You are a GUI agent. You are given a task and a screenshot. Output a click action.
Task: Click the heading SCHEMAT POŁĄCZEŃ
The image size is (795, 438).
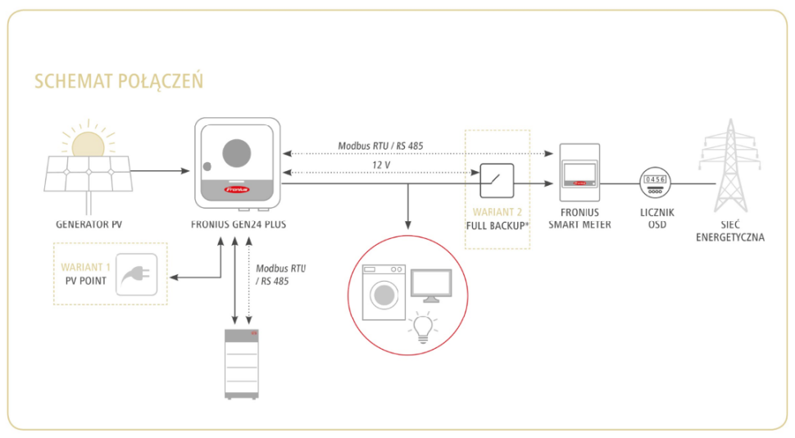pos(119,81)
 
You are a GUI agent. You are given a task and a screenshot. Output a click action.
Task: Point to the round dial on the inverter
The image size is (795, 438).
pos(238,153)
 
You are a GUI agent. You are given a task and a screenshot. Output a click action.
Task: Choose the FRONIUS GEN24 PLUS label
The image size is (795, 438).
pos(238,224)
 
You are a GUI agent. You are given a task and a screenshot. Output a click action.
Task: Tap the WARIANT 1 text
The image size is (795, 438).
pos(84,267)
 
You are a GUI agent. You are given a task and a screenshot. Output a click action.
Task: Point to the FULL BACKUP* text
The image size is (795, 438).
pos(497,224)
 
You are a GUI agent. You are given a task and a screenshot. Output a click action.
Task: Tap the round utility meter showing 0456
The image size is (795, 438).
pos(653,183)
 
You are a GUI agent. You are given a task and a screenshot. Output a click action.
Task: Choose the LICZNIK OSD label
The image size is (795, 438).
pos(653,218)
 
